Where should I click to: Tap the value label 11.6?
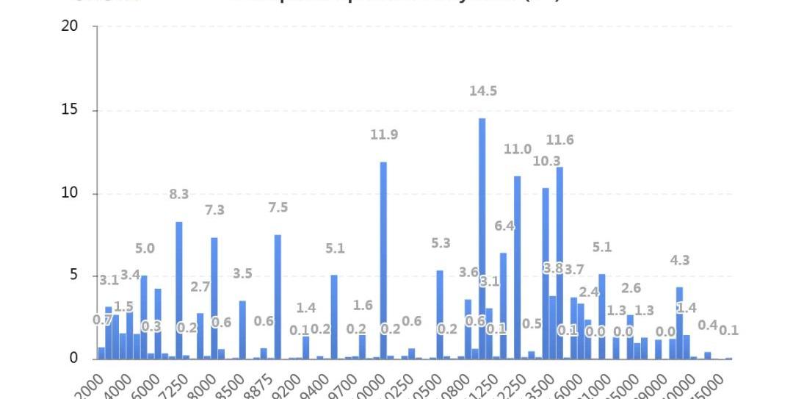tap(560, 140)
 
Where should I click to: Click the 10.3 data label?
tap(546, 161)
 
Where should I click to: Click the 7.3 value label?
tap(214, 210)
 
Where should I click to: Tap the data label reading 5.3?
tap(441, 243)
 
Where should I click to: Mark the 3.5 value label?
tap(242, 274)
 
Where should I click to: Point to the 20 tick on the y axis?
tap(70, 26)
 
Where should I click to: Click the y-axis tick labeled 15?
tap(70, 111)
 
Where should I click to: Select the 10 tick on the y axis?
tap(70, 194)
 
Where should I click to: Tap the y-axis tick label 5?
tap(73, 276)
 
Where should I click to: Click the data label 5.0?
tap(145, 249)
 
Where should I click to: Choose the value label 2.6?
tap(631, 288)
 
